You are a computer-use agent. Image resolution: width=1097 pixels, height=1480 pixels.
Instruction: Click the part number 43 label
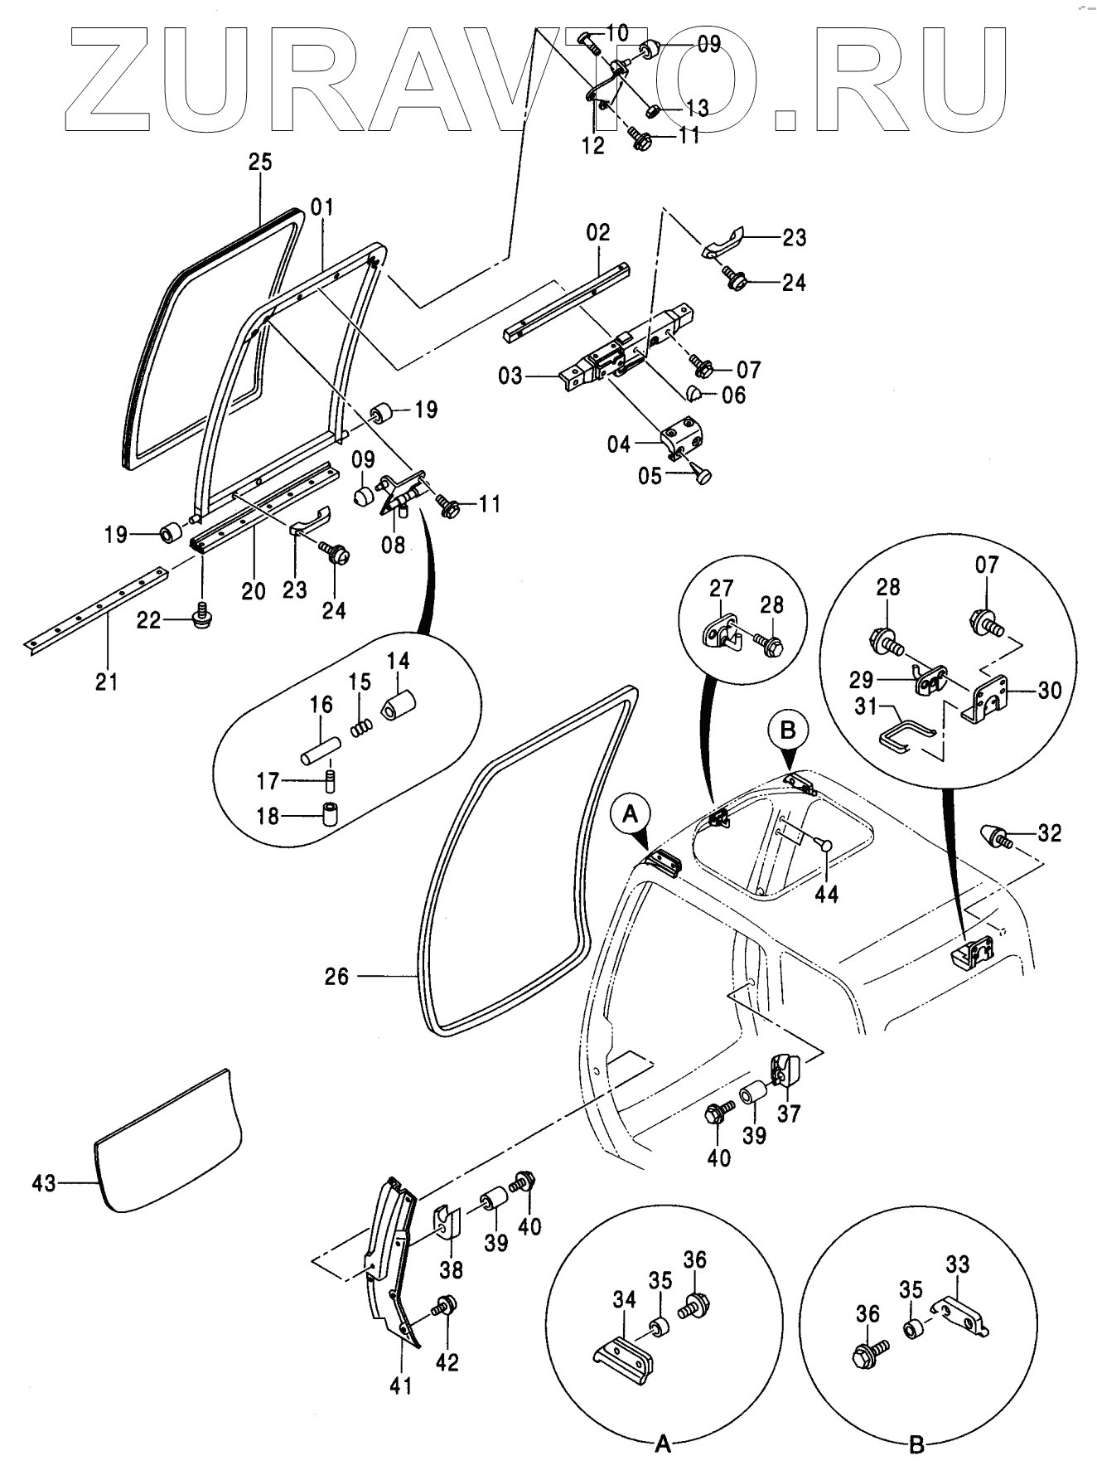(x=43, y=1182)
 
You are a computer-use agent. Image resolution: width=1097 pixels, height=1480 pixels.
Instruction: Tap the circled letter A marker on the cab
(x=631, y=816)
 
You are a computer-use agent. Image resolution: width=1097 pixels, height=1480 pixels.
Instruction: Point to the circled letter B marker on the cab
(x=788, y=730)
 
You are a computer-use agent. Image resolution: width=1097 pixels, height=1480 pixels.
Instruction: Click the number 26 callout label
(x=336, y=977)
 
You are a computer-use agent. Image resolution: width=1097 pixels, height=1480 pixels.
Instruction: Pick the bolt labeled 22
(x=200, y=618)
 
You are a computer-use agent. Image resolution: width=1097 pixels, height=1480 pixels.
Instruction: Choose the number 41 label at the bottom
(x=401, y=1385)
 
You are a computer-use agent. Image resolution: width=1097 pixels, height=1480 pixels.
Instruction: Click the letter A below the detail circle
(x=662, y=1445)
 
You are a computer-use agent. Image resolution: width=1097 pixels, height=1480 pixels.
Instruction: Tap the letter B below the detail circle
(x=916, y=1445)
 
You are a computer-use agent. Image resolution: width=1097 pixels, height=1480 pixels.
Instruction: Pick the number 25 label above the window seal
(x=260, y=162)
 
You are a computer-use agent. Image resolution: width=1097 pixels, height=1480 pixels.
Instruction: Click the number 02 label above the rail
(x=598, y=232)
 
